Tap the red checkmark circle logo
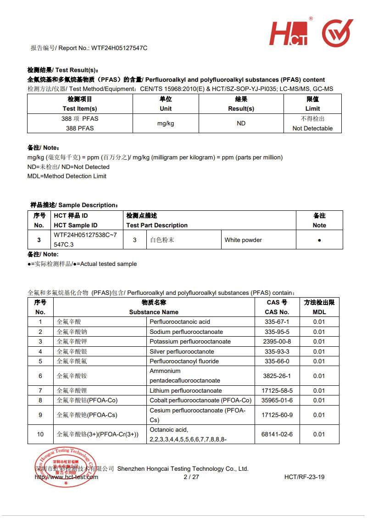(337, 33)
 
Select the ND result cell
(241, 123)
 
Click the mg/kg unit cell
(166, 123)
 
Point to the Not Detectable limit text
(312, 128)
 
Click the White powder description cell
(243, 240)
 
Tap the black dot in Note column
(319, 240)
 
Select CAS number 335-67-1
(277, 322)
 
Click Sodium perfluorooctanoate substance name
(186, 332)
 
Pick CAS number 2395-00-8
(277, 341)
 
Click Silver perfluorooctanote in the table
(182, 351)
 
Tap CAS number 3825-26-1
(277, 376)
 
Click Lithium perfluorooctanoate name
(186, 390)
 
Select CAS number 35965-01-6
(277, 400)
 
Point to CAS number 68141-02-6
(277, 434)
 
